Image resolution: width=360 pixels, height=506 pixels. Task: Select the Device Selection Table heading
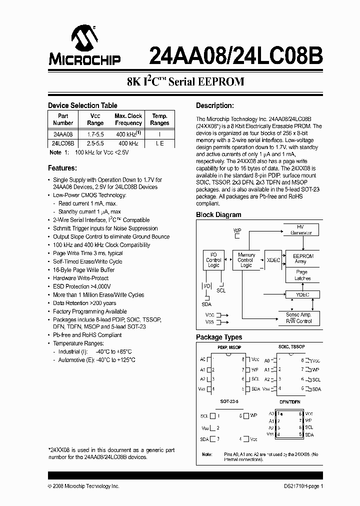[82, 105]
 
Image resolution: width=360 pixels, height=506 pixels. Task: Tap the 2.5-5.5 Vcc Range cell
[95, 143]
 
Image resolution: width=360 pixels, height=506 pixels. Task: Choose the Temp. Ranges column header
[159, 119]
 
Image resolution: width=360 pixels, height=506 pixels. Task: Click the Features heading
[62, 168]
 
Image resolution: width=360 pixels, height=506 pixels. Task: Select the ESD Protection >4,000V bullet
[84, 286]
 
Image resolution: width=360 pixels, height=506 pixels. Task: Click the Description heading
[215, 105]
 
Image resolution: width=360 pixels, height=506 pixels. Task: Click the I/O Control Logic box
[213, 260]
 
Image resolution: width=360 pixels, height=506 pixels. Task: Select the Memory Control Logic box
[246, 260]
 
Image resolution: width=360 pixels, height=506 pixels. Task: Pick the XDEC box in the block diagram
[273, 260]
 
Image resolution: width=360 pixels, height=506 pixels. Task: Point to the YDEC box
[302, 294]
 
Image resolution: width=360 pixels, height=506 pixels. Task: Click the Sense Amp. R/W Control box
[299, 317]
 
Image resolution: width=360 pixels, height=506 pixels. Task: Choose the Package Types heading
[219, 337]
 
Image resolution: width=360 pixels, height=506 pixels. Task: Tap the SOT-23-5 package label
[229, 401]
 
